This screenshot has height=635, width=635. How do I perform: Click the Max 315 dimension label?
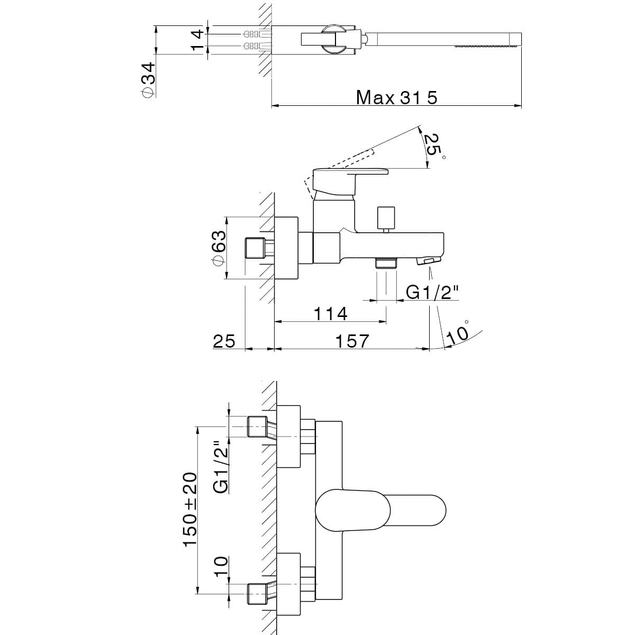(396, 98)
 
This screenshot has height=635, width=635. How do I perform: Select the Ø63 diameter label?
(219, 248)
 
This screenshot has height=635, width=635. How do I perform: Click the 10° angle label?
(458, 332)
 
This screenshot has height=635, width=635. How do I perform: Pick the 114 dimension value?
(330, 314)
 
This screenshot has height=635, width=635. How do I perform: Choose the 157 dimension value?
(352, 341)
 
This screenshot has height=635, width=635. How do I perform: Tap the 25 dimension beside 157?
(223, 341)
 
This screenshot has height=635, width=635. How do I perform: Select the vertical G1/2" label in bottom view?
(221, 467)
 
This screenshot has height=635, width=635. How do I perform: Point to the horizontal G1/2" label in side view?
(431, 292)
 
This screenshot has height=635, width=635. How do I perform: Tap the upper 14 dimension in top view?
(196, 34)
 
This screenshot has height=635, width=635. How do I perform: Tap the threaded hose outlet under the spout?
(386, 263)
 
